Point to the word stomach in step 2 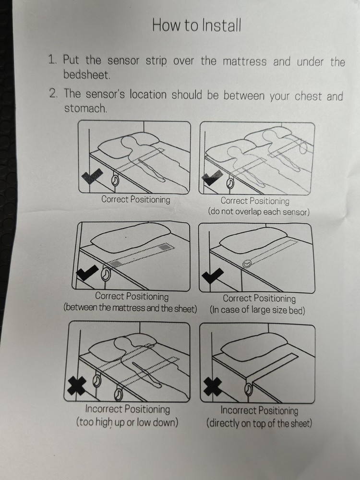point(85,108)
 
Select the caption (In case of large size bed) point(258,311)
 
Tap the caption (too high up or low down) point(127,422)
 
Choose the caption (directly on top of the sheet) point(259,423)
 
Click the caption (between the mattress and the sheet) point(130,308)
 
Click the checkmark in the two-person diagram point(213,179)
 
